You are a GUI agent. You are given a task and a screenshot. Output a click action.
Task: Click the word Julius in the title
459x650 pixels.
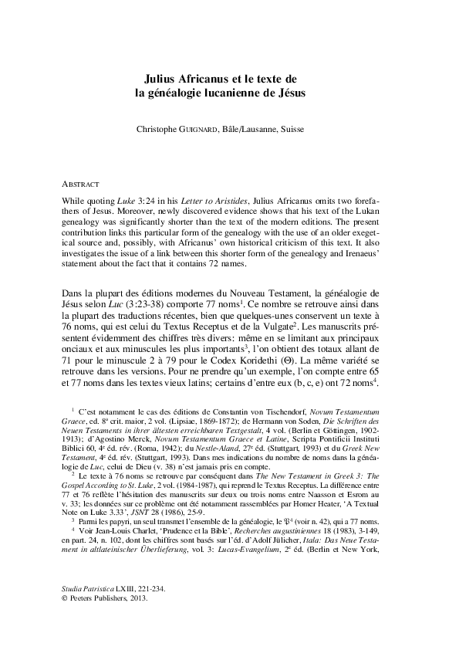164,79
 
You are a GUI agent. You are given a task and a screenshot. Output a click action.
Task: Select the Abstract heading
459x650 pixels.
80,185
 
